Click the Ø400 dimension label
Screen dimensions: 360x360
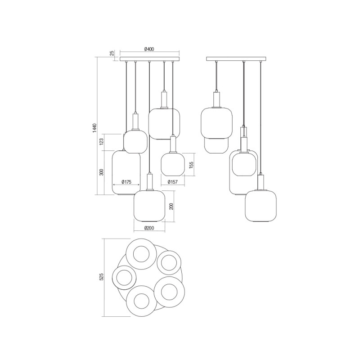click(149, 49)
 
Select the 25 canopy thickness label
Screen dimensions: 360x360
click(112, 53)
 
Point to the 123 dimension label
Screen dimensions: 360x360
click(102, 142)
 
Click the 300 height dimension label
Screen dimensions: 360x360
click(102, 172)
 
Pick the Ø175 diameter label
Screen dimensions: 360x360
click(126, 182)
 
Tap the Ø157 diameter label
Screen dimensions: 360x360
click(173, 182)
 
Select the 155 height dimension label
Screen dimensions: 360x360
click(191, 165)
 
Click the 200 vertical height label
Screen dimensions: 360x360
click(171, 206)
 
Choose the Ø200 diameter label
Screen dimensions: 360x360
click(149, 228)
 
